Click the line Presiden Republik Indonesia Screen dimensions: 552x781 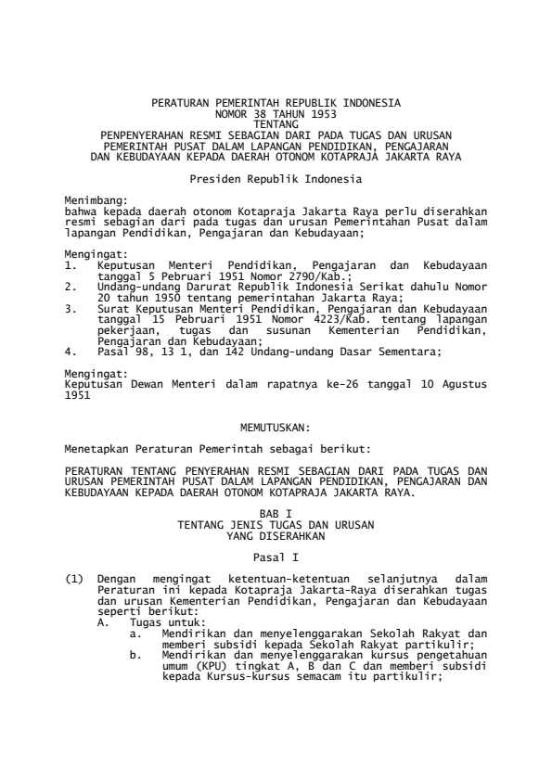click(276, 175)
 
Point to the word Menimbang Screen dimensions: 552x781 click(95, 199)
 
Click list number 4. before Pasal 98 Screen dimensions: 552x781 click(71, 351)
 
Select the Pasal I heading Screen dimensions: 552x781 click(276, 557)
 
